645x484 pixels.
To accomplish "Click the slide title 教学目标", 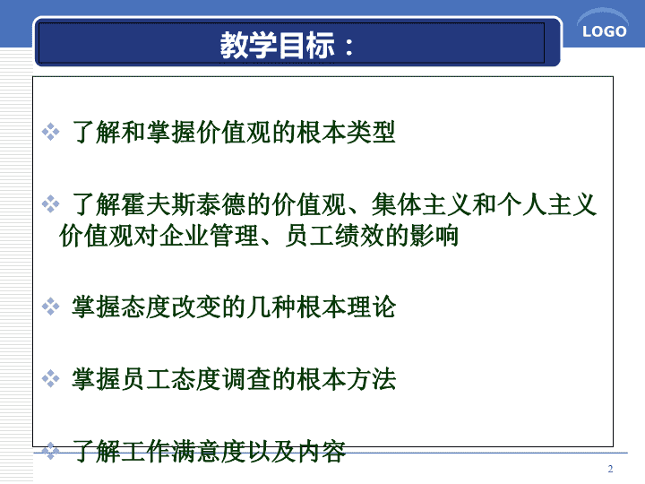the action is tap(278, 45).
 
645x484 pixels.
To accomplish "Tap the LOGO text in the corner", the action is tap(605, 31).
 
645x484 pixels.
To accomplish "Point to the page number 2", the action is tap(610, 469).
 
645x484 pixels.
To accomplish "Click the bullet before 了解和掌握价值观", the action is tap(50, 132).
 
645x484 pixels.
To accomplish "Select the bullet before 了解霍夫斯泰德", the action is tap(50, 204).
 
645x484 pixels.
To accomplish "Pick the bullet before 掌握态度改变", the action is tap(50, 307).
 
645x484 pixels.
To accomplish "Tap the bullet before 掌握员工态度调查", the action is tap(50, 378).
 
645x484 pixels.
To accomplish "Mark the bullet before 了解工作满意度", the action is tap(50, 451).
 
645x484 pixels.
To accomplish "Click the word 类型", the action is tap(371, 132).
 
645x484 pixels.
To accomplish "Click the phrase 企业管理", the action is tap(208, 236).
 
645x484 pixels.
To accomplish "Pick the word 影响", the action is tap(434, 236).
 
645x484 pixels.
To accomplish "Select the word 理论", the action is tap(371, 307).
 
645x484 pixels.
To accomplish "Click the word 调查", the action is tap(246, 379).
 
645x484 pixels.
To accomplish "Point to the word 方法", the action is tap(371, 379).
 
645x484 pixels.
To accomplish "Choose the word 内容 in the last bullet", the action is tap(322, 451).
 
